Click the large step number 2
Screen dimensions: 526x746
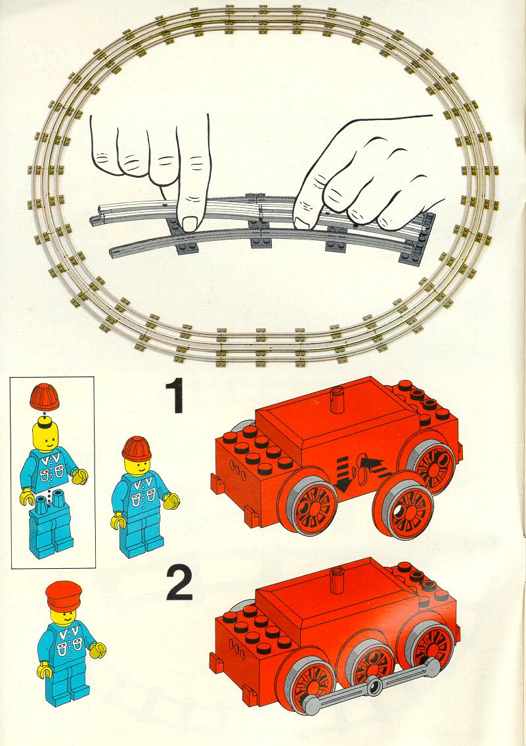[x=179, y=584]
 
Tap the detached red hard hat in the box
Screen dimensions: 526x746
[x=44, y=396]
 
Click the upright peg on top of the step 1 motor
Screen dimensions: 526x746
[x=338, y=398]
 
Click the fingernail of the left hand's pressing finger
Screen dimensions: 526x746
[x=191, y=223]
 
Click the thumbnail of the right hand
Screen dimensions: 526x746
[x=301, y=222]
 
